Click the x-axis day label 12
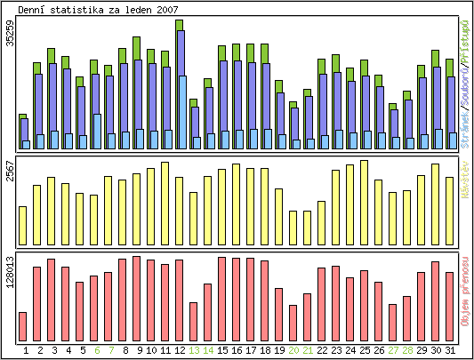[180, 351]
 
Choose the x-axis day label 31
[451, 351]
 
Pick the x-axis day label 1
[25, 351]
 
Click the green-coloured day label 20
[293, 351]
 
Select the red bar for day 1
[23, 326]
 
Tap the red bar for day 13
[194, 321]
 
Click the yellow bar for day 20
[293, 227]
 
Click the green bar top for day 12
[180, 25]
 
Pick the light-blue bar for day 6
[96, 132]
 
